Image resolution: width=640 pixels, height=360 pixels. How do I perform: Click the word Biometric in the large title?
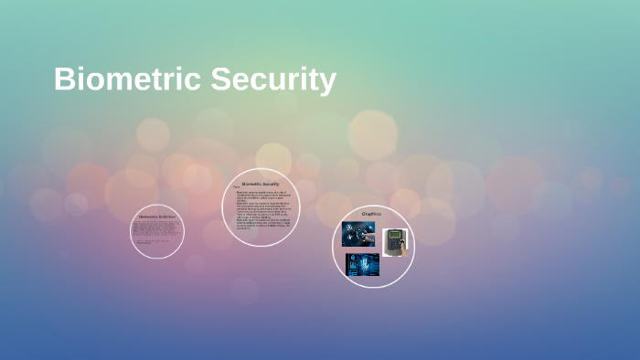(128, 79)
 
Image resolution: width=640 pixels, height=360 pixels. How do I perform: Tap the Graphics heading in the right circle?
(371, 214)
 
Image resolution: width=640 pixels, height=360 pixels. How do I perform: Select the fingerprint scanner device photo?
(395, 241)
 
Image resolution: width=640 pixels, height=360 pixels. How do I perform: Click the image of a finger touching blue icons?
(357, 234)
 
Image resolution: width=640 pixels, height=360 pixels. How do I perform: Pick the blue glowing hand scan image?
(362, 265)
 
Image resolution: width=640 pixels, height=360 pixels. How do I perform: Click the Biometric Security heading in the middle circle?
(261, 184)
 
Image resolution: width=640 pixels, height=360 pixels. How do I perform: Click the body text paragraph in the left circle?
(156, 231)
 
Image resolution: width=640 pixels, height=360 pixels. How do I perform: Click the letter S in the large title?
(221, 79)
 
